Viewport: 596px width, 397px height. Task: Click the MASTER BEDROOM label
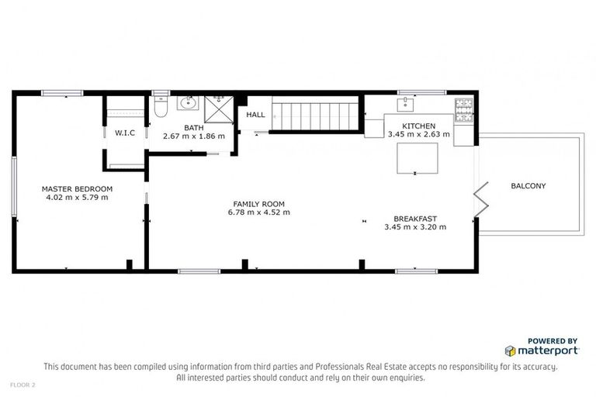click(77, 188)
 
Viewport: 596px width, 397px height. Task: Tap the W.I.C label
click(125, 133)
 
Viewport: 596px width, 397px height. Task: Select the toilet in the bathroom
click(161, 109)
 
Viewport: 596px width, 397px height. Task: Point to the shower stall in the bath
click(219, 109)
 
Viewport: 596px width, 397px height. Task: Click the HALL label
click(255, 115)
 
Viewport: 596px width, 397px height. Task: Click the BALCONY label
click(528, 186)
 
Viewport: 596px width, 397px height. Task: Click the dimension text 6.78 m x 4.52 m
click(258, 212)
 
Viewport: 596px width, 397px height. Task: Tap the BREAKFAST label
click(415, 218)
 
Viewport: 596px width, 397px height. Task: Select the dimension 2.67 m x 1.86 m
click(193, 136)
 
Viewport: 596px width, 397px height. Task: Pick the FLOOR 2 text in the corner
click(23, 385)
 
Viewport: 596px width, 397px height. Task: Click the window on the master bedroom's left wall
click(13, 186)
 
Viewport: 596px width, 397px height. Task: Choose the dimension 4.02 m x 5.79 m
click(77, 197)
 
